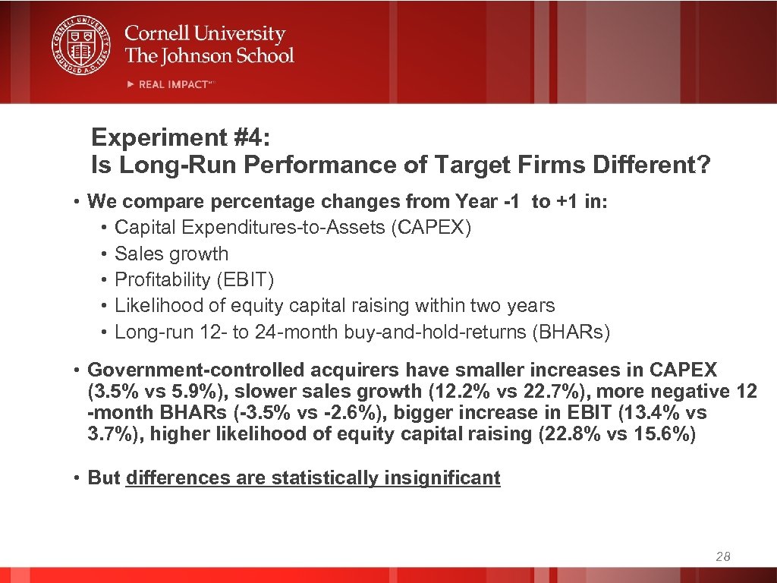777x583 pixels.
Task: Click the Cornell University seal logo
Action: (80, 44)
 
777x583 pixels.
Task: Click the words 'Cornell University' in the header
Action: (205, 34)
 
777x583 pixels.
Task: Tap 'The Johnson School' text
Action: (209, 55)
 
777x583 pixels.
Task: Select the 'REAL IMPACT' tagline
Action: (173, 84)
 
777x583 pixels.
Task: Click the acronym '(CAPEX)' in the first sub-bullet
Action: (431, 228)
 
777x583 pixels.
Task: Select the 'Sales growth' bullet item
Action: (171, 254)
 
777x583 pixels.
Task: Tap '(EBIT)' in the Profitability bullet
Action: (245, 280)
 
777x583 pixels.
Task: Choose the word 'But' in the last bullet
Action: (104, 478)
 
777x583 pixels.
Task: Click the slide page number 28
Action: (723, 557)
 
